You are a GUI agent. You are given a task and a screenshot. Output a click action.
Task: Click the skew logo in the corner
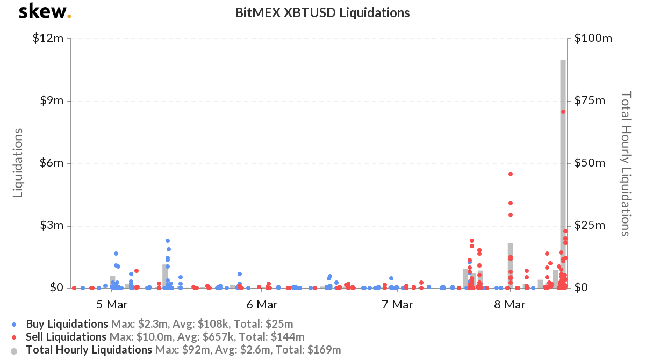tap(44, 12)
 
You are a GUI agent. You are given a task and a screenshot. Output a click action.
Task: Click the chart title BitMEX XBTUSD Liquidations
tap(322, 12)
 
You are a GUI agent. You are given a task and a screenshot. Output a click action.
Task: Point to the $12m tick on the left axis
tap(49, 39)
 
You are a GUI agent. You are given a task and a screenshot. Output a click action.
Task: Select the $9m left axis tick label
tap(52, 101)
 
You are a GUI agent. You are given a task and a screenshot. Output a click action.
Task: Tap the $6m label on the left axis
tap(52, 163)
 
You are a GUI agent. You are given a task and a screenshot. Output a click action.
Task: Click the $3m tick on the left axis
tap(52, 226)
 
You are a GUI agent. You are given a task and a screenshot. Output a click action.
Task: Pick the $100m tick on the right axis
tap(593, 39)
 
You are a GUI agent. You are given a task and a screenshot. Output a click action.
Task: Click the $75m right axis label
tap(590, 101)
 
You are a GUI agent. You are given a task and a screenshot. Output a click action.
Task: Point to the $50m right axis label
tap(590, 163)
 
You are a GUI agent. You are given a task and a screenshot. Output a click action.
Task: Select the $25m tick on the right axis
tap(590, 226)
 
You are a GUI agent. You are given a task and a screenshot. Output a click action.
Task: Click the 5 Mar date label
tap(112, 305)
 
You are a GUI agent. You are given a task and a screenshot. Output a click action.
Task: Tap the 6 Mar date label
tap(262, 305)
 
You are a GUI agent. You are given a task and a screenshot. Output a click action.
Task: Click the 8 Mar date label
tap(510, 305)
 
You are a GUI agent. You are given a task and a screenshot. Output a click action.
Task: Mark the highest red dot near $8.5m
tap(563, 112)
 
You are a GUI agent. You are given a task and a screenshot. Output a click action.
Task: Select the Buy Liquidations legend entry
tap(67, 324)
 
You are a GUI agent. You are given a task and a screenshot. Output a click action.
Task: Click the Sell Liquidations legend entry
tap(66, 337)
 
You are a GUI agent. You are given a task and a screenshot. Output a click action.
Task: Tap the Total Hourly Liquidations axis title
tap(625, 163)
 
